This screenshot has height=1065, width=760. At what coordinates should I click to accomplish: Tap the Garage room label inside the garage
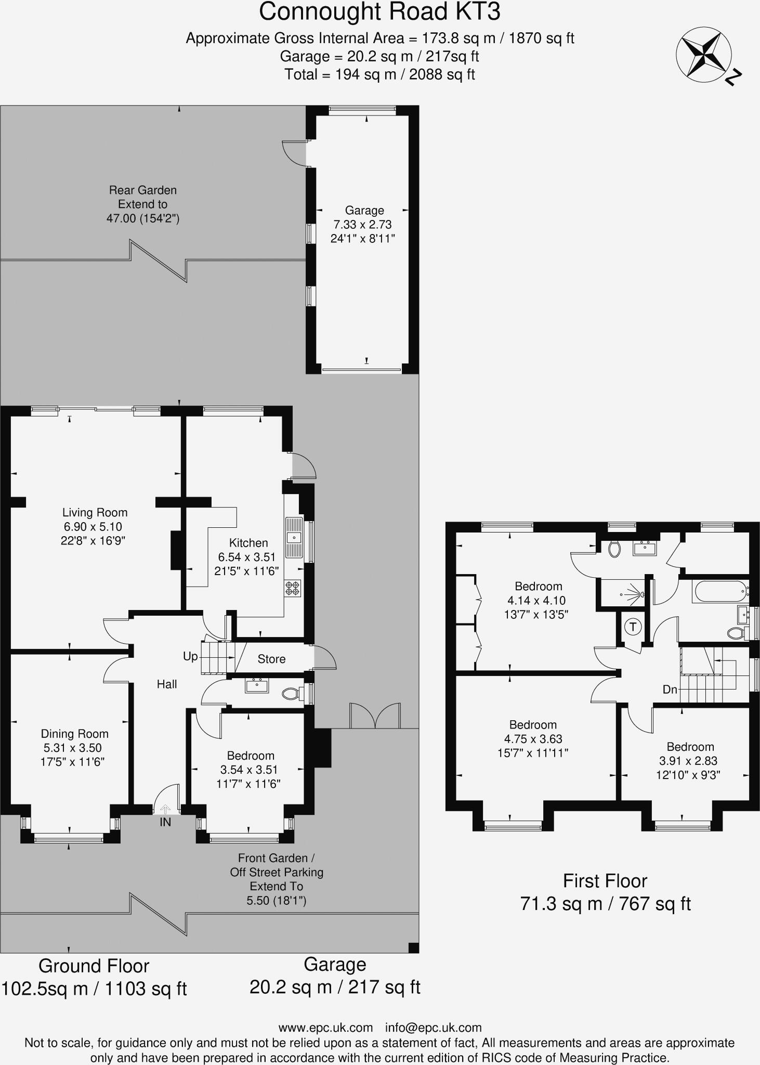[364, 211]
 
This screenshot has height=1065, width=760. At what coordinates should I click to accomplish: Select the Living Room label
[95, 512]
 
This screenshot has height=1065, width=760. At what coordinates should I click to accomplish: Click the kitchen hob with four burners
[293, 588]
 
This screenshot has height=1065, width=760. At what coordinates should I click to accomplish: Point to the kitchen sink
[294, 537]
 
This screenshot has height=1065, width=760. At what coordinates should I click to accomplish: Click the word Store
[271, 659]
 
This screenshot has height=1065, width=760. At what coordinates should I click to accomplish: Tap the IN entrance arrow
[165, 809]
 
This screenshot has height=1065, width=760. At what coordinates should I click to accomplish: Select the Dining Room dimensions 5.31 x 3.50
[73, 748]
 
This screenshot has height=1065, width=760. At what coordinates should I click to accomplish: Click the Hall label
[167, 684]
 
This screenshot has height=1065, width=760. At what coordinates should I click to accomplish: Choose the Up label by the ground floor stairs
[190, 656]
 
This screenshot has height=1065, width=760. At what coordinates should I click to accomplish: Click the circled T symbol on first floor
[633, 627]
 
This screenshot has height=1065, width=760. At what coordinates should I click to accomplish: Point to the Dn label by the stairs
[670, 690]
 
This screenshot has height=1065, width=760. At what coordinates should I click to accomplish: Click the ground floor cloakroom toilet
[291, 693]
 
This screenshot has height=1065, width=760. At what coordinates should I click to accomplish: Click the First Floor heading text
[605, 881]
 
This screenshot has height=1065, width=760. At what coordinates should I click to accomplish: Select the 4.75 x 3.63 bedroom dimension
[533, 739]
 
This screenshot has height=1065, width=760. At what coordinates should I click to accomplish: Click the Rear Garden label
[142, 190]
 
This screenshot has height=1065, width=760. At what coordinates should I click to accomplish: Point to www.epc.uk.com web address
[325, 1028]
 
